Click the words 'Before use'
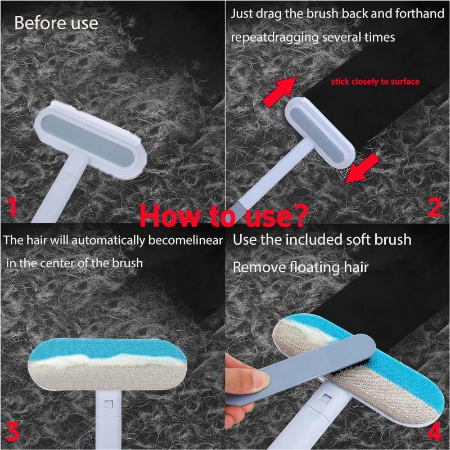point(56,23)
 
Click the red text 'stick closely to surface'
point(375,82)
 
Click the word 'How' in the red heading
point(166,215)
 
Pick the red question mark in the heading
point(300,214)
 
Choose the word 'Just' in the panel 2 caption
point(242,14)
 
